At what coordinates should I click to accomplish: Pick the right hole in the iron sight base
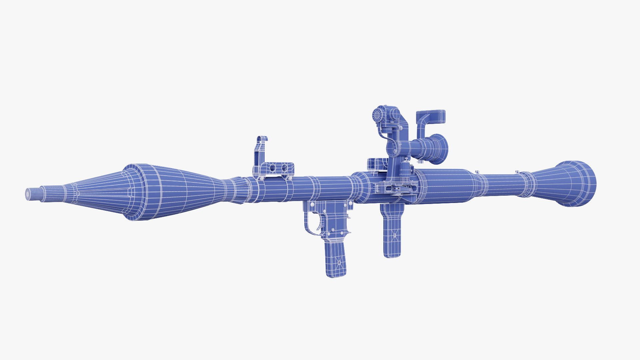click(x=284, y=167)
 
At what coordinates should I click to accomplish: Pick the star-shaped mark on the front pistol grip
click(x=339, y=263)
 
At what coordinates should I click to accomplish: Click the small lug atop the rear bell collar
click(x=518, y=172)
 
